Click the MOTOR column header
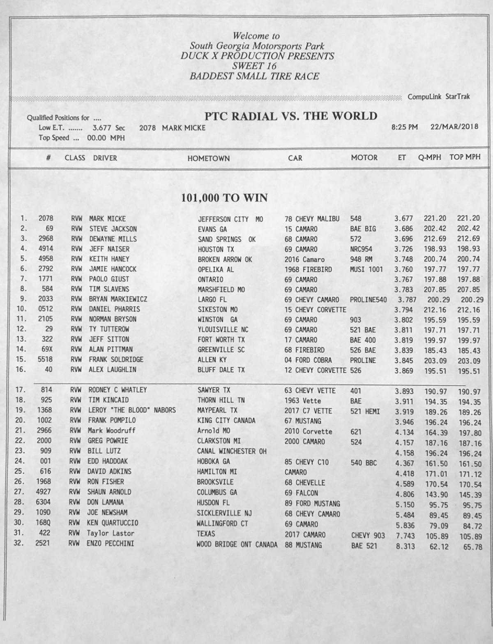tap(364, 158)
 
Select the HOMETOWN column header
tap(208, 158)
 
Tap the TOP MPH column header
tap(465, 157)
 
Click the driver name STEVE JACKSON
tap(113, 229)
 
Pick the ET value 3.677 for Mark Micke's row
tap(403, 219)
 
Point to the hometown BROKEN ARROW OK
tap(225, 259)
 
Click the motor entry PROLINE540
tap(368, 300)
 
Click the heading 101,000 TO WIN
tap(224, 198)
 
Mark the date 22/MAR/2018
tap(454, 127)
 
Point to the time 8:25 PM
tap(404, 127)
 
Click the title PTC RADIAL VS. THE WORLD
tap(291, 116)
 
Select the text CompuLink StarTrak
tap(439, 97)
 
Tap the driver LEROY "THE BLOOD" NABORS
tap(131, 410)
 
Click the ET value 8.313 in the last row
tap(405, 547)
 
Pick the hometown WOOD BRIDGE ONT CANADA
tap(237, 544)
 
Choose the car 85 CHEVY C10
tap(306, 462)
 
